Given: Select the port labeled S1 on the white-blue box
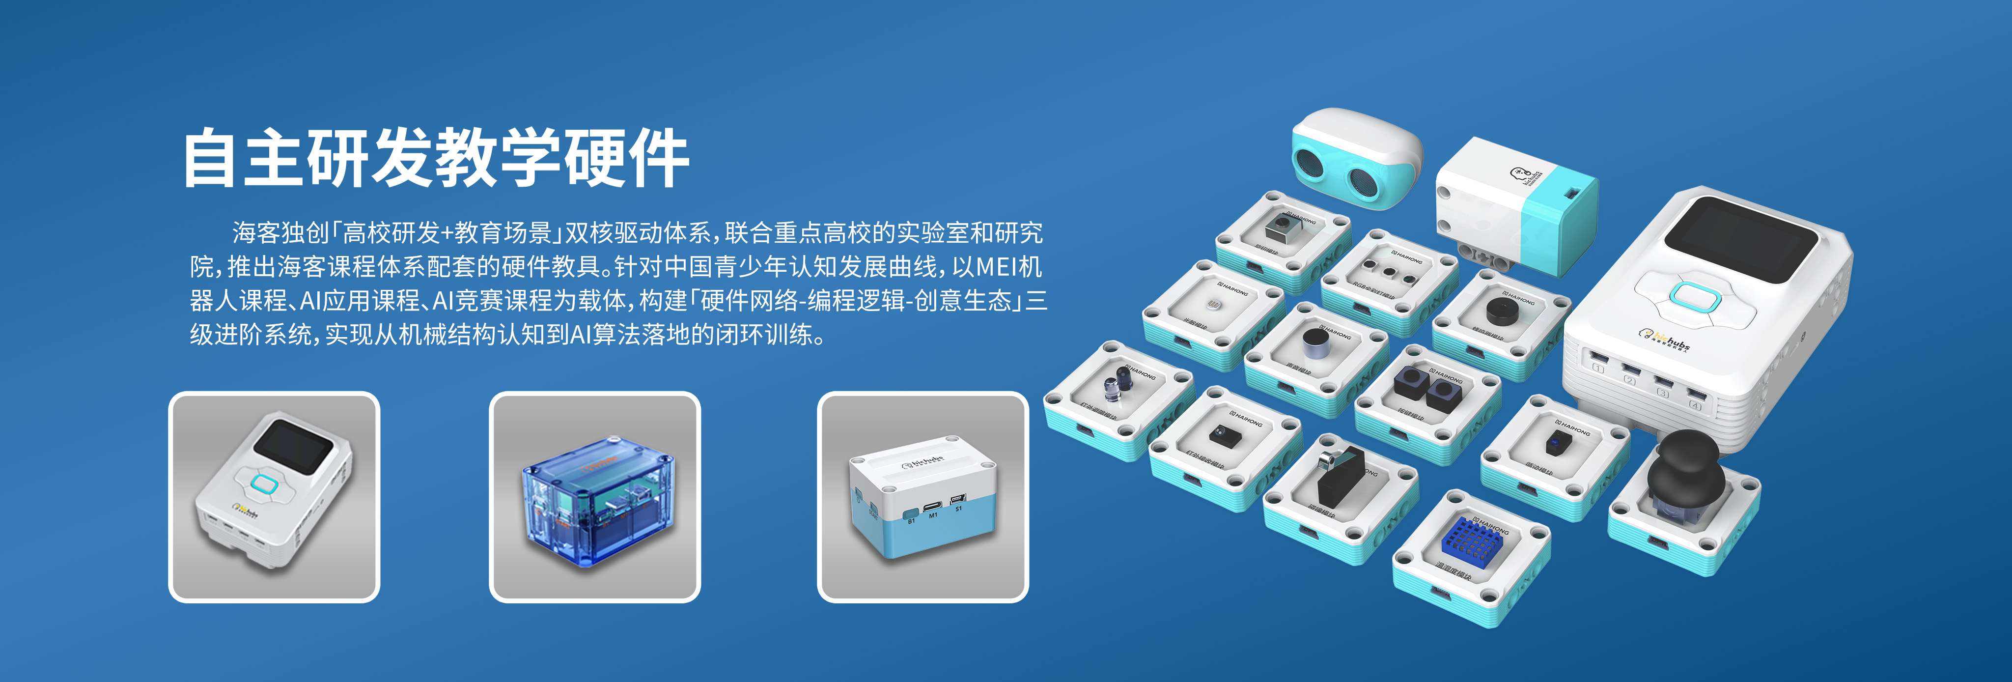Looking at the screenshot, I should (x=957, y=500).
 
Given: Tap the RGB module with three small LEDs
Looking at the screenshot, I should (x=1390, y=276).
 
